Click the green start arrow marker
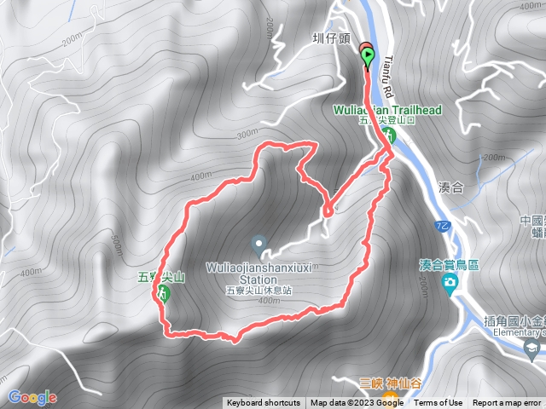[x=368, y=57]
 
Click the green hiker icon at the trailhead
[x=392, y=135]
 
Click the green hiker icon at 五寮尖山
[x=162, y=294]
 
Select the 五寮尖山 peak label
[x=161, y=276]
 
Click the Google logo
[x=32, y=397]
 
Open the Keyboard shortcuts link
[x=264, y=403]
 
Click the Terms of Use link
[x=438, y=403]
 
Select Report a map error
[x=508, y=403]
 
